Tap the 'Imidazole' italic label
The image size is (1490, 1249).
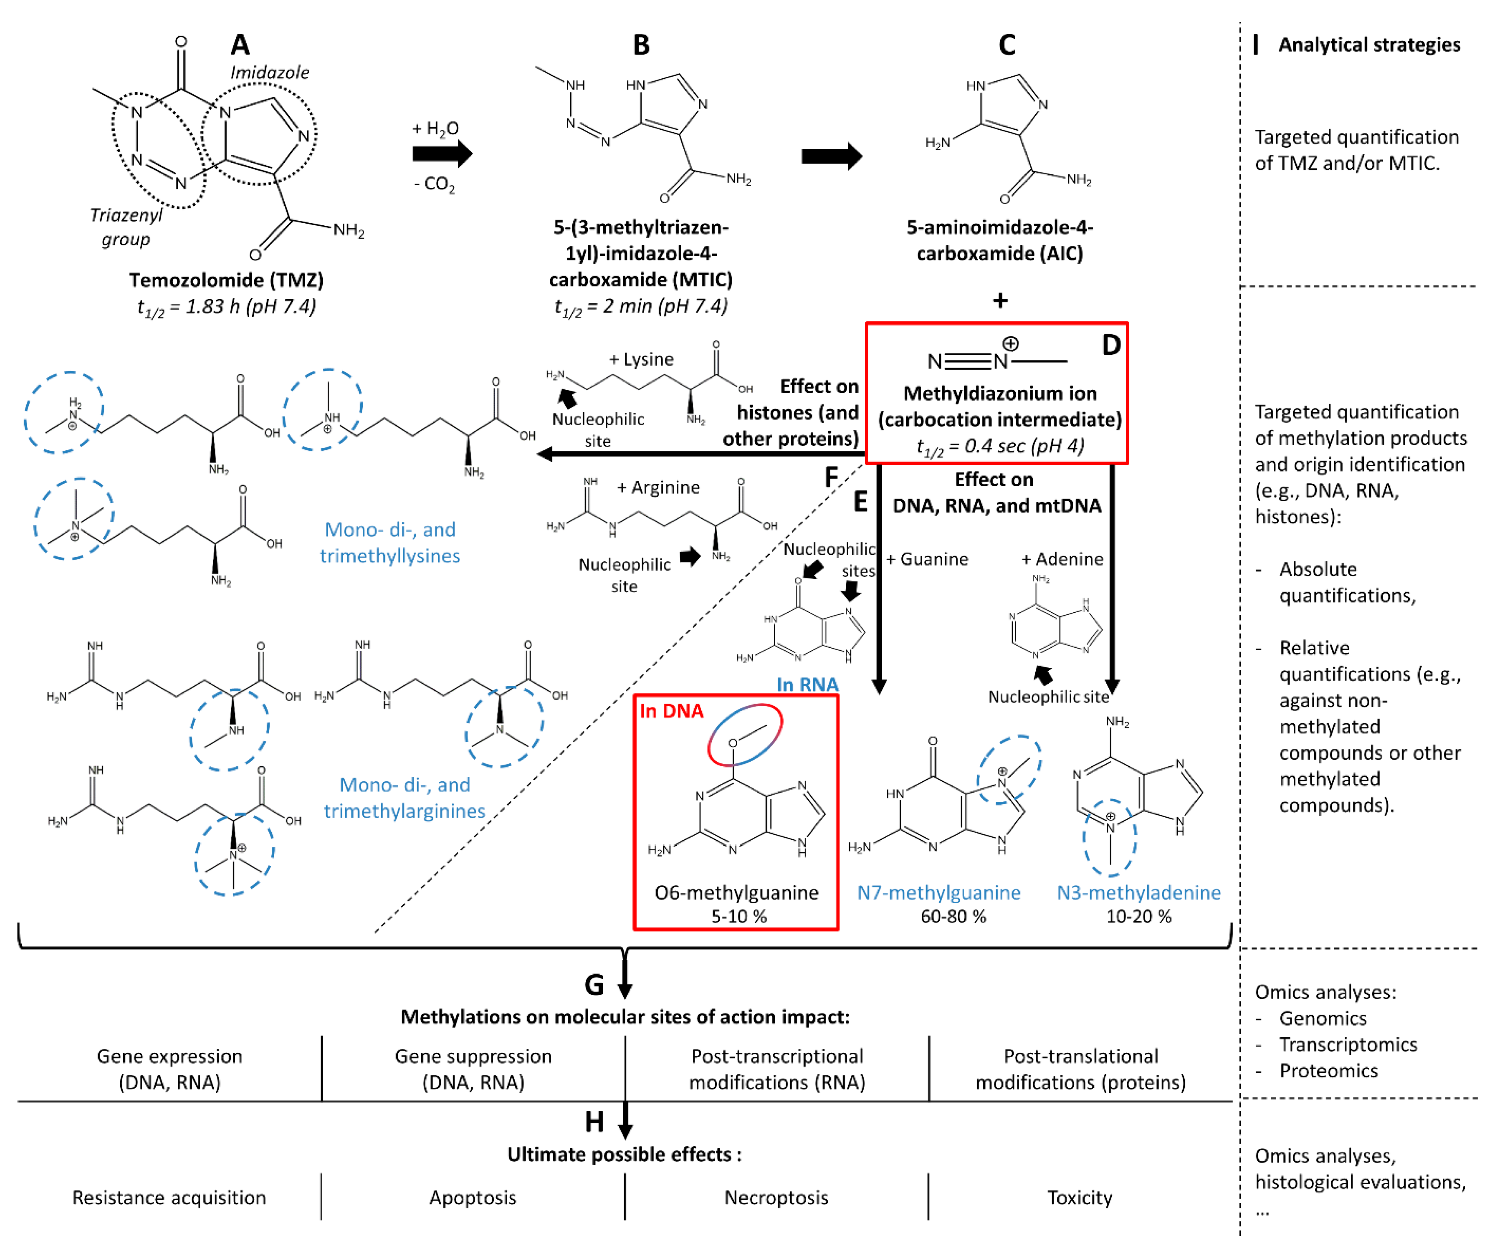270,72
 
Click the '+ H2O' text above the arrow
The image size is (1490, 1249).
435,129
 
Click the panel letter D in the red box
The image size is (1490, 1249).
1110,346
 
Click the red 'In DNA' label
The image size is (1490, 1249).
671,711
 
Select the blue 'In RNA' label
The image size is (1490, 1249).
807,684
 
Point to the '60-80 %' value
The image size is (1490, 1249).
953,916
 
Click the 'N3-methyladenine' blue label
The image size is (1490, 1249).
1138,892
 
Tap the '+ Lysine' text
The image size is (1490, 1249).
641,359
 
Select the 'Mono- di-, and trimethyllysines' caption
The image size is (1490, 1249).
389,543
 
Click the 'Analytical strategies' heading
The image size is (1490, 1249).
1369,45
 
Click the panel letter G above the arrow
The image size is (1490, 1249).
594,985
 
